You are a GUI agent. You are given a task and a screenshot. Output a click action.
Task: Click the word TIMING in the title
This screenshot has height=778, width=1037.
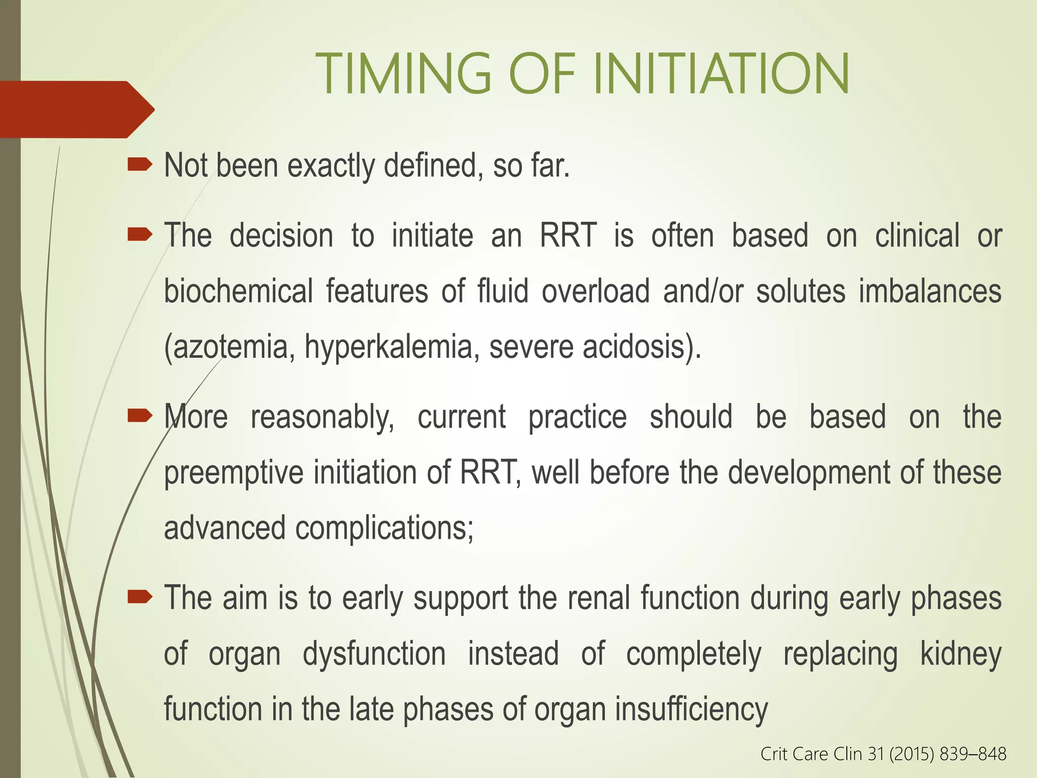point(403,74)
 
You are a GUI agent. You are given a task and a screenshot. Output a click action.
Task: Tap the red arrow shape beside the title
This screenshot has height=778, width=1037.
point(76,109)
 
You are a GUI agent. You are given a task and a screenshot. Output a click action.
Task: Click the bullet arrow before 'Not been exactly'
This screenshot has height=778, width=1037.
point(140,165)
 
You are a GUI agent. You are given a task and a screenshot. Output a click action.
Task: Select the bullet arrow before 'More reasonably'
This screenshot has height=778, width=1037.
point(140,416)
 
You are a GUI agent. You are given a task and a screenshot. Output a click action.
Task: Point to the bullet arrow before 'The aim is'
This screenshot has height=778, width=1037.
point(140,597)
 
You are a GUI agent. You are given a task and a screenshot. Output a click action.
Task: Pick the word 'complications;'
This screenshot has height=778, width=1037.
point(384,528)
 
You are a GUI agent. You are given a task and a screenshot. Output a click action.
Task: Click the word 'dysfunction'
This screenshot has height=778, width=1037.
point(374,654)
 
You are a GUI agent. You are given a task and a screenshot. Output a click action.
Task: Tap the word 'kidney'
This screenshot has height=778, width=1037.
point(961,654)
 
